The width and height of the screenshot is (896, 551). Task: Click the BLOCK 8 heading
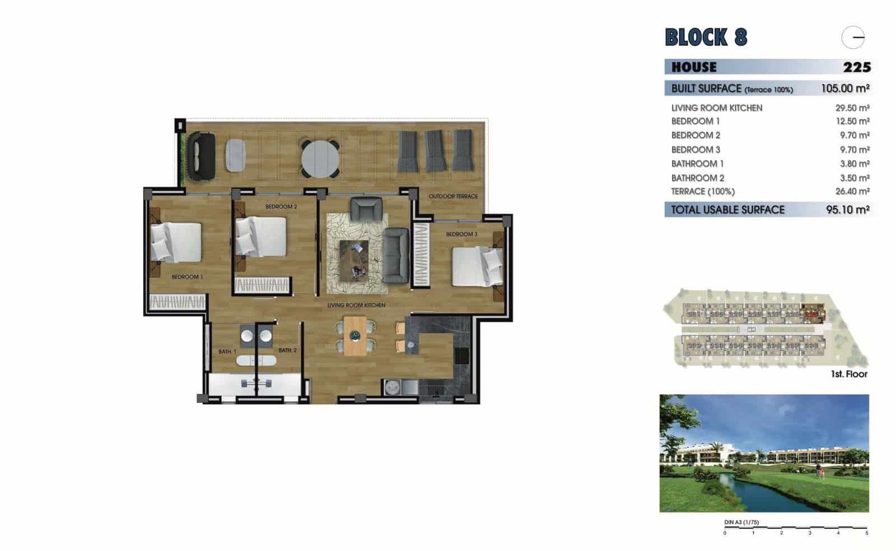pyautogui.click(x=706, y=37)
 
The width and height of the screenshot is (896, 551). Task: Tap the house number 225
pyautogui.click(x=857, y=67)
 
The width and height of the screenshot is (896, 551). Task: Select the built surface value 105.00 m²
pyautogui.click(x=844, y=88)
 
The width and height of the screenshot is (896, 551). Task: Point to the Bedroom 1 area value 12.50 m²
pyautogui.click(x=852, y=121)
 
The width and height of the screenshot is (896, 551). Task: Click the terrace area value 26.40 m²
pyautogui.click(x=852, y=192)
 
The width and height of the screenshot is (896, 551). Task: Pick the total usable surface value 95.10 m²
pyautogui.click(x=847, y=210)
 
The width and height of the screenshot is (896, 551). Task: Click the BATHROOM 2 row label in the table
pyautogui.click(x=698, y=178)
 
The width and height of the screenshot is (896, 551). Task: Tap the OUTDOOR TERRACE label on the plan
pyautogui.click(x=453, y=197)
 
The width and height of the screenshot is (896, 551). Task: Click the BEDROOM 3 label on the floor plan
pyautogui.click(x=461, y=234)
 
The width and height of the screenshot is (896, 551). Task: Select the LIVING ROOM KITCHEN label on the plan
pyautogui.click(x=356, y=305)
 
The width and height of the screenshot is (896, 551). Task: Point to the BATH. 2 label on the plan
pyautogui.click(x=287, y=351)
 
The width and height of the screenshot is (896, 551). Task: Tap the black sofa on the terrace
pyautogui.click(x=201, y=156)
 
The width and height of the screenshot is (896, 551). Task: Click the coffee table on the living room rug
pyautogui.click(x=354, y=260)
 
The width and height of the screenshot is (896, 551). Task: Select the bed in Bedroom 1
pyautogui.click(x=176, y=242)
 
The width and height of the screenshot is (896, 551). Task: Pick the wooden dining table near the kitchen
pyautogui.click(x=355, y=335)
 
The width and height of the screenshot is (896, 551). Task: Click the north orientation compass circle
pyautogui.click(x=853, y=38)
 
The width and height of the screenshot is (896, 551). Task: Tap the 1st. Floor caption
pyautogui.click(x=849, y=374)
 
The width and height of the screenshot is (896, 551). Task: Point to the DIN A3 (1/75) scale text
pyautogui.click(x=741, y=522)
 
